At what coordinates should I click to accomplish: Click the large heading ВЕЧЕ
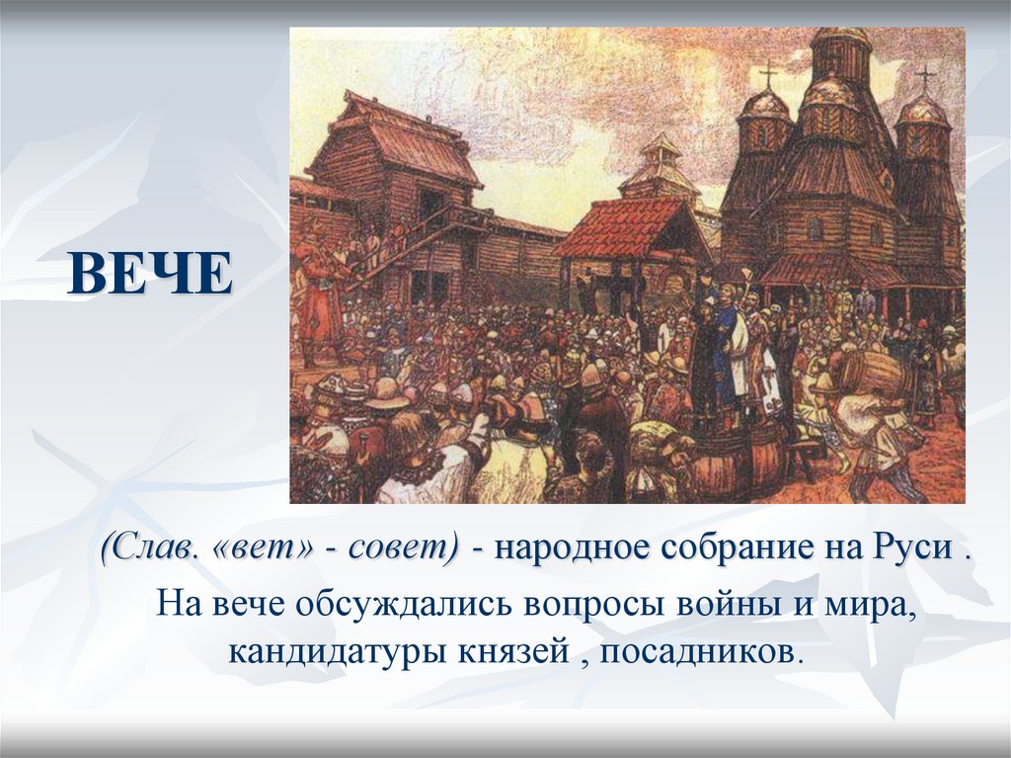click(150, 274)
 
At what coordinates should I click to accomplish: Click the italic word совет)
click(404, 548)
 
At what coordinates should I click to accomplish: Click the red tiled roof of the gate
click(621, 227)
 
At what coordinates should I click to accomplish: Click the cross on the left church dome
click(768, 76)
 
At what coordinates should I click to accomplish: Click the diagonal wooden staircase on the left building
click(414, 239)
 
